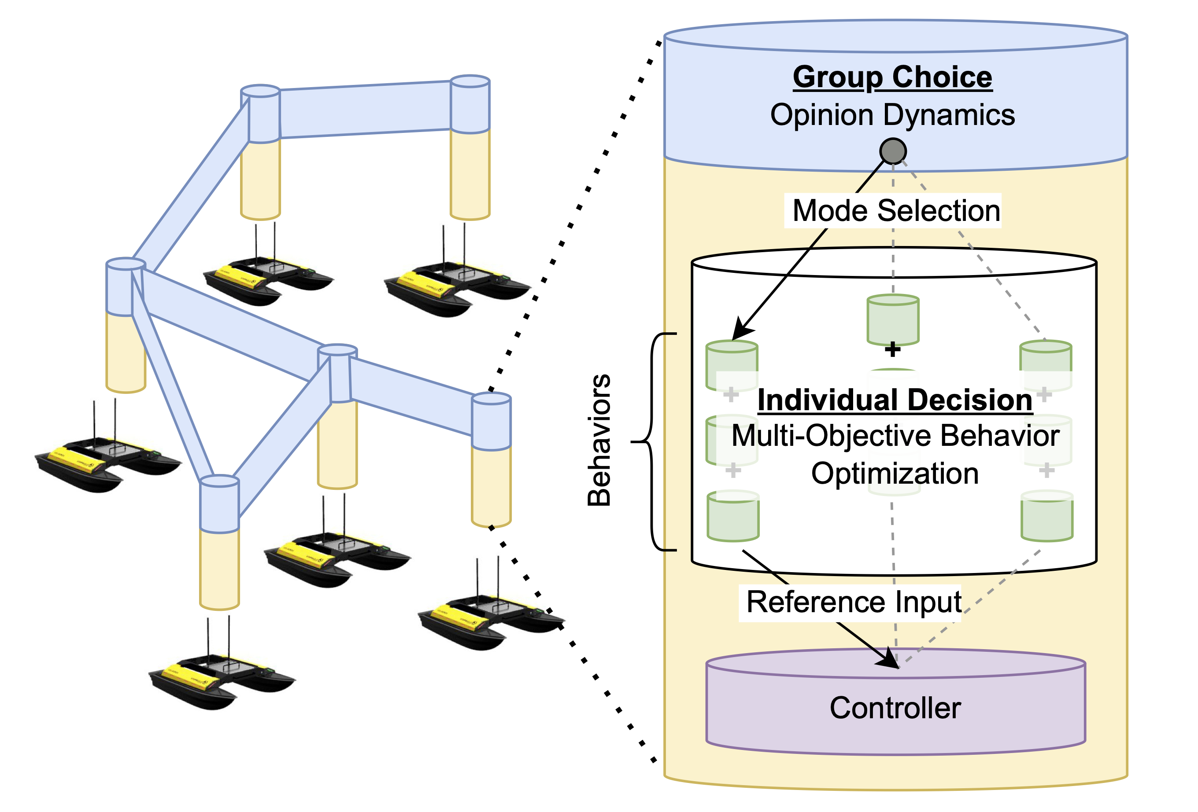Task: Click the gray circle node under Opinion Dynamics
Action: pyautogui.click(x=893, y=151)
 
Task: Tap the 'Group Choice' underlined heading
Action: pyautogui.click(x=892, y=77)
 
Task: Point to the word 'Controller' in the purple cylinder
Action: pyautogui.click(x=895, y=708)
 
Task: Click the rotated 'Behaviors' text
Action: pyautogui.click(x=599, y=441)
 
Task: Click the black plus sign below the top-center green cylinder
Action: pyautogui.click(x=892, y=349)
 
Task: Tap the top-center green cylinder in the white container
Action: pyautogui.click(x=893, y=320)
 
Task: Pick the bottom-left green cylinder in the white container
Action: pyautogui.click(x=732, y=516)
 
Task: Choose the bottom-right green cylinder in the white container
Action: pyautogui.click(x=1047, y=516)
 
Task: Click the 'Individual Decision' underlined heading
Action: pyautogui.click(x=895, y=400)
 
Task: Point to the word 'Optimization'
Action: pyautogui.click(x=895, y=474)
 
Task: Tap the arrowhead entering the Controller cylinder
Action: pyautogui.click(x=889, y=661)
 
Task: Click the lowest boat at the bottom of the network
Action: pyautogui.click(x=222, y=680)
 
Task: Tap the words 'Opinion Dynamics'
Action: pyautogui.click(x=892, y=114)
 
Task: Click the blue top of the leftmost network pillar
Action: pyautogui.click(x=126, y=286)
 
